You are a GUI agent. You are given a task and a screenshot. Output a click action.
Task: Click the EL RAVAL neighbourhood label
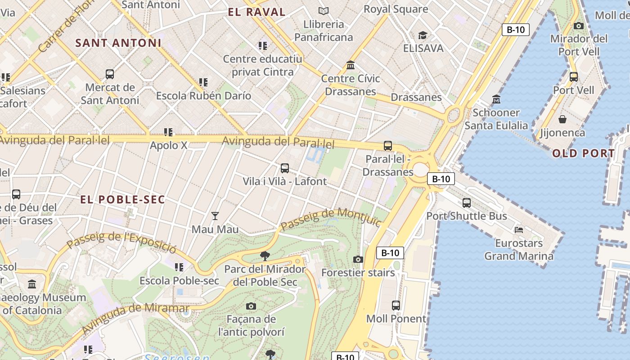pyautogui.click(x=256, y=12)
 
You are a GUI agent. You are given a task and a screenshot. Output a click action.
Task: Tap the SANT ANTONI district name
pyautogui.click(x=118, y=43)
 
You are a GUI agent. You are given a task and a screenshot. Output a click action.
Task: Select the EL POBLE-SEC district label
pyautogui.click(x=123, y=199)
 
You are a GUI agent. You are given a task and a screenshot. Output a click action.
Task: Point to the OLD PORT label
pyautogui.click(x=583, y=153)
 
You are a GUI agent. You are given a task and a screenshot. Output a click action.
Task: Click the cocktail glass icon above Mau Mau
pyautogui.click(x=215, y=216)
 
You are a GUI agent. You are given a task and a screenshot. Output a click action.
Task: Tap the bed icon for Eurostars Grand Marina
pyautogui.click(x=518, y=229)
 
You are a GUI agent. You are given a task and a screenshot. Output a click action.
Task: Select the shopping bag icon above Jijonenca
pyautogui.click(x=562, y=119)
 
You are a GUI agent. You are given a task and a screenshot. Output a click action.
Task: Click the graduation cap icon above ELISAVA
pyautogui.click(x=423, y=35)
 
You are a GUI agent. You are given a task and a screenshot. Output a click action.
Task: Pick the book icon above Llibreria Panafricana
pyautogui.click(x=323, y=11)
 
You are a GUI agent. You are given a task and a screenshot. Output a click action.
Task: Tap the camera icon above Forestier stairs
pyautogui.click(x=358, y=259)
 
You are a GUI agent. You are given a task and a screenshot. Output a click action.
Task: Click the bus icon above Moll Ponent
pyautogui.click(x=396, y=306)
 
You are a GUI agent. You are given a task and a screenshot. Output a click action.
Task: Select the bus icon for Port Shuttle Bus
pyautogui.click(x=467, y=203)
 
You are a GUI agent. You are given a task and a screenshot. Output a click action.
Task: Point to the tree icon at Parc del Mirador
pyautogui.click(x=265, y=256)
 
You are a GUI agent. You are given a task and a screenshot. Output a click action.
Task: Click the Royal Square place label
pyautogui.click(x=396, y=9)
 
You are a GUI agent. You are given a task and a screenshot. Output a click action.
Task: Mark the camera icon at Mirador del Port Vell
pyautogui.click(x=579, y=26)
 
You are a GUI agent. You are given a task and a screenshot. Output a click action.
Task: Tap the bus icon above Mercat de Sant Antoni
pyautogui.click(x=109, y=74)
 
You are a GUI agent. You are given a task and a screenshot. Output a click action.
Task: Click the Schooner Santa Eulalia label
pyautogui.click(x=496, y=119)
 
